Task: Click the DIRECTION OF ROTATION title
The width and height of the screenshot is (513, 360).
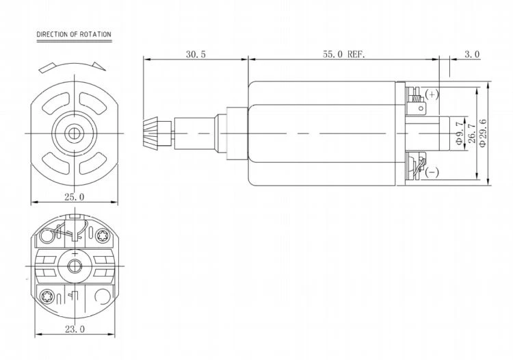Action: coord(74,34)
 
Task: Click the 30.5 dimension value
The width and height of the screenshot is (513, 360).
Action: coord(196,54)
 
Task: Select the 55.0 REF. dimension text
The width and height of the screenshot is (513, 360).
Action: coord(343,54)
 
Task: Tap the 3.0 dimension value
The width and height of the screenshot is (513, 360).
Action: coord(472,54)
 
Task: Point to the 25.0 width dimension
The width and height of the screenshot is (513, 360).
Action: coord(74,197)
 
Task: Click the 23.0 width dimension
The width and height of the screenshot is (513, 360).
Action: coord(75,329)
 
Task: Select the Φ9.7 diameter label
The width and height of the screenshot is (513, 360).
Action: coord(460,133)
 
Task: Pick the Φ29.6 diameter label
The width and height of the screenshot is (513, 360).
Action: coord(482,133)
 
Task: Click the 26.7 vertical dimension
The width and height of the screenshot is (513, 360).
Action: coord(471,133)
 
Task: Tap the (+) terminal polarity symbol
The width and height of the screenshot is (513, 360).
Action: coord(432,94)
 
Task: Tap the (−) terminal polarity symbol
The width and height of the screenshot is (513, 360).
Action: coord(432,172)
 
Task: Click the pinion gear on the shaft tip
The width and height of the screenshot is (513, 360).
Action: coord(150,133)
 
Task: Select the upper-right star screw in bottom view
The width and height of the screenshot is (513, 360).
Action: coord(102,235)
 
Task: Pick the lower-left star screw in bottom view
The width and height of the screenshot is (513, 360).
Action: coord(46,296)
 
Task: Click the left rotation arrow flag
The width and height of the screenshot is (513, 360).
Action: coord(49,68)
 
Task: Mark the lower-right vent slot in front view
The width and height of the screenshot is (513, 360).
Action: coord(92,163)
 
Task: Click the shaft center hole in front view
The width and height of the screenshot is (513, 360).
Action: coord(75,133)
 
